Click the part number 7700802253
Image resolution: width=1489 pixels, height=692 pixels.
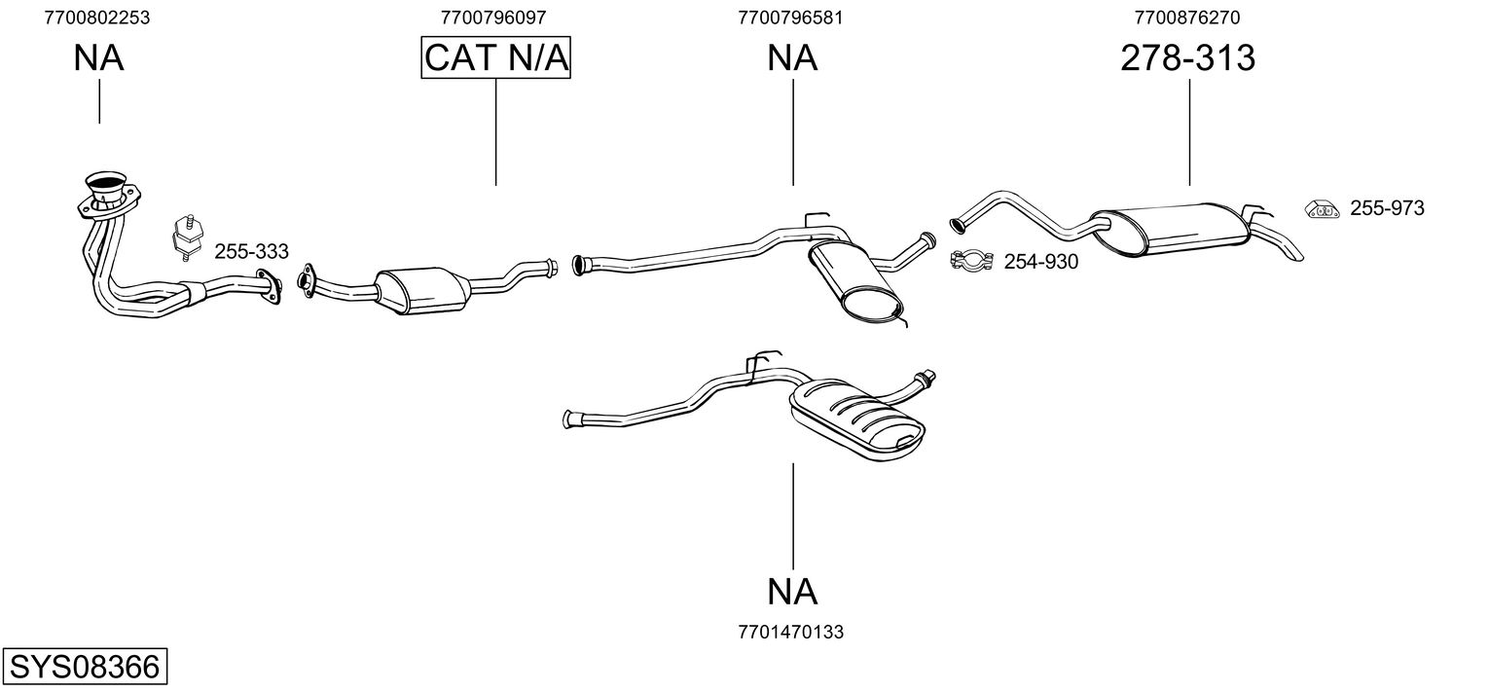coord(97,17)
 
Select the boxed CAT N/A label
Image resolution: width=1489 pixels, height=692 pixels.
coord(495,58)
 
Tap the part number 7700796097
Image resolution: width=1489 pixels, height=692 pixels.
coord(493,17)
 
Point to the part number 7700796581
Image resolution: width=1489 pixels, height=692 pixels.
coord(790,17)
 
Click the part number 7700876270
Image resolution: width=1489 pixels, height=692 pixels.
coord(1187,17)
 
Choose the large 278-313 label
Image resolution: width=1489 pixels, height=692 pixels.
coord(1187,58)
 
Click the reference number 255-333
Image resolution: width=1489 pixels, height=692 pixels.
coord(251,252)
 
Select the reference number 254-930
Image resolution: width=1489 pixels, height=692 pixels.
coord(1040,261)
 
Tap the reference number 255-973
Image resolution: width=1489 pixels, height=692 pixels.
coord(1387,207)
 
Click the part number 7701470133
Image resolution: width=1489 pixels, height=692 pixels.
coord(791,632)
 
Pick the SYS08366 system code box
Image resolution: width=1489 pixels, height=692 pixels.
coord(84,668)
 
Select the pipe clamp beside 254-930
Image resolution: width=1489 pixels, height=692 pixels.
coord(969,260)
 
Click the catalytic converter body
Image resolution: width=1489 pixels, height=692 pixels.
coord(421,289)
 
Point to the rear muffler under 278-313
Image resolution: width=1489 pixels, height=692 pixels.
coord(1173,230)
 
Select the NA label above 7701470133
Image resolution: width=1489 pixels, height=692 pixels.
coord(792,591)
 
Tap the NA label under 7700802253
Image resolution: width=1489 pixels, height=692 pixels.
coord(98,58)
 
